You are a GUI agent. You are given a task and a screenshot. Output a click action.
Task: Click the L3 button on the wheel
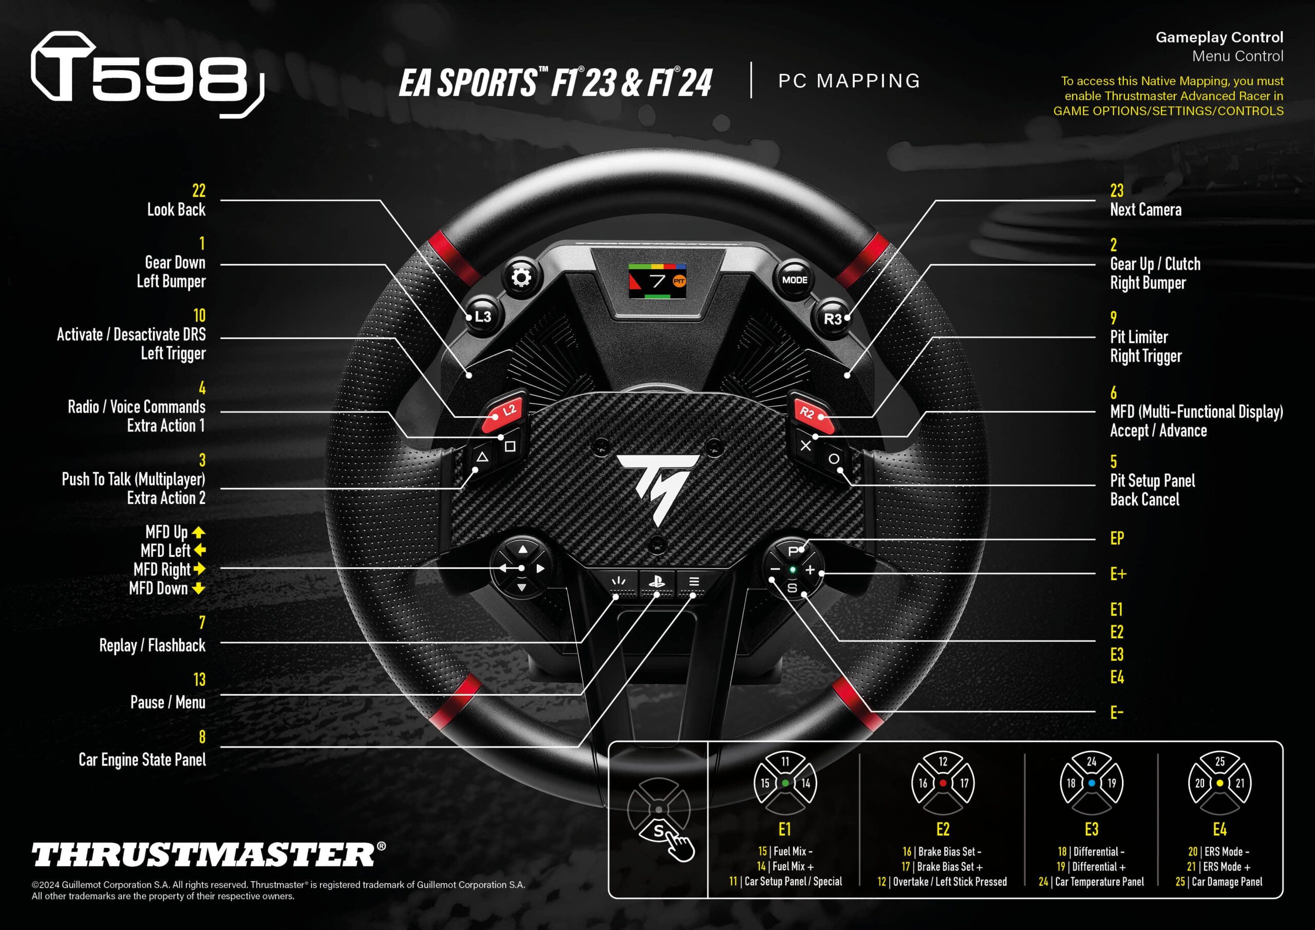[483, 317]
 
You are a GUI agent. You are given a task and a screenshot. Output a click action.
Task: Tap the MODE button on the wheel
[794, 280]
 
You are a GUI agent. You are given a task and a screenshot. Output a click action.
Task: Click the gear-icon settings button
[521, 278]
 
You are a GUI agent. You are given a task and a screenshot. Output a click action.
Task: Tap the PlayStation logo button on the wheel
[656, 582]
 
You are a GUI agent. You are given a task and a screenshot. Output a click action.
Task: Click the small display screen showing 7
[657, 281]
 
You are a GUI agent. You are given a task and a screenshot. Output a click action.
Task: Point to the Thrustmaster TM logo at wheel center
[659, 486]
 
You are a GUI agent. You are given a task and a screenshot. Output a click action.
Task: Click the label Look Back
[176, 210]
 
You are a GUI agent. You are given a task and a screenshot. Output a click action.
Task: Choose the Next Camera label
[1145, 210]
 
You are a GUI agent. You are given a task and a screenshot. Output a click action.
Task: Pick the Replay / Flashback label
[153, 645]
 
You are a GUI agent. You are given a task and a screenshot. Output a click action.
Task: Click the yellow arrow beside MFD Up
[198, 532]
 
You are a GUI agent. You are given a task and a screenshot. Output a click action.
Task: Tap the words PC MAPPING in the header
[849, 81]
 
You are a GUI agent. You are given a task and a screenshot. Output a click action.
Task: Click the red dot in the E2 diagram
[943, 783]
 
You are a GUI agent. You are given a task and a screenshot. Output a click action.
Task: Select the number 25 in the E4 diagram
[1220, 761]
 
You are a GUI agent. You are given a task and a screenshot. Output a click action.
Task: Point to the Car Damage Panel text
[1227, 882]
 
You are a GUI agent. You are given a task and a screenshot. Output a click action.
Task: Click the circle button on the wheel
[834, 458]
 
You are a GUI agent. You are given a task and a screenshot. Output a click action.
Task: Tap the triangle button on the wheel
[482, 457]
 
